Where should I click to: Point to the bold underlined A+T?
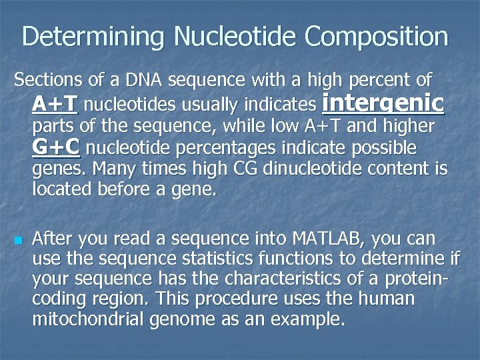coord(55,104)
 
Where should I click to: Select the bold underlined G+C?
coord(56,147)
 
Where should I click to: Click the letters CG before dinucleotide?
coord(246,168)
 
